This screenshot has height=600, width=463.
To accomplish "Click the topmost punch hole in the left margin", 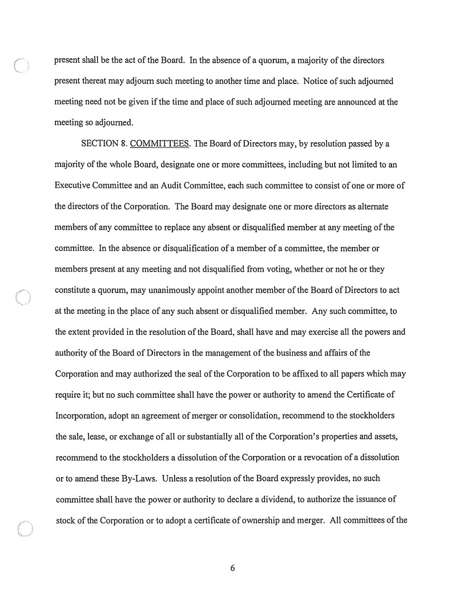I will coord(21,67).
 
